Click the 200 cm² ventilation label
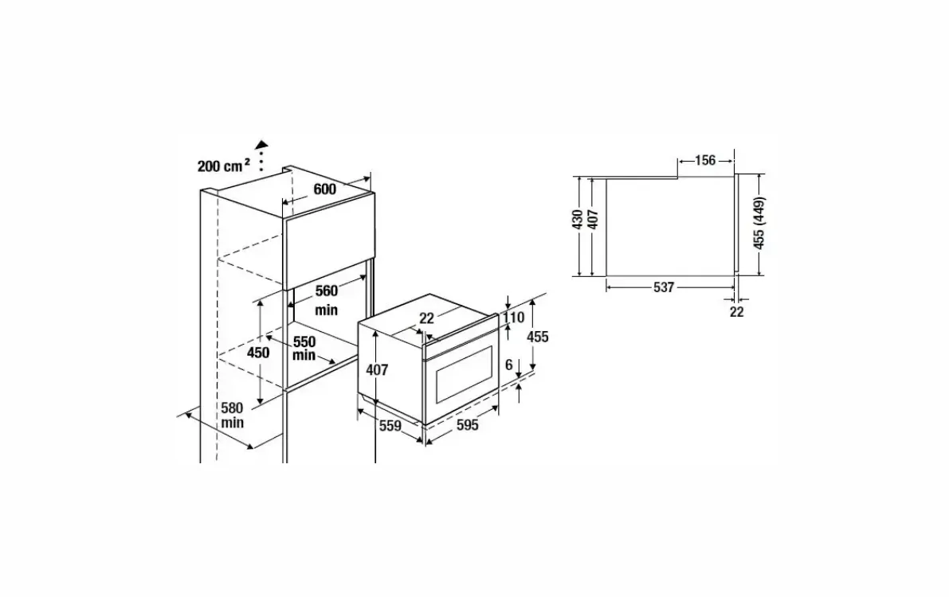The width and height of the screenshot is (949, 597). coord(224,165)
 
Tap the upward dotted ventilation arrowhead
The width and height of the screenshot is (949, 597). coord(261,145)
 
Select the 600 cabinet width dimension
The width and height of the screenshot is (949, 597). coord(324,189)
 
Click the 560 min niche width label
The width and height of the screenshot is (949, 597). coord(326,300)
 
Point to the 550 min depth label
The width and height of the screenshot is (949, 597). coord(304,349)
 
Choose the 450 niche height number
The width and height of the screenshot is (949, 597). coord(258,352)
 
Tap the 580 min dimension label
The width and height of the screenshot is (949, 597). coord(232,415)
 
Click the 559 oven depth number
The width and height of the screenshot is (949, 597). coord(390,427)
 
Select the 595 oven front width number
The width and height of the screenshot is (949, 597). coord(467,425)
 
